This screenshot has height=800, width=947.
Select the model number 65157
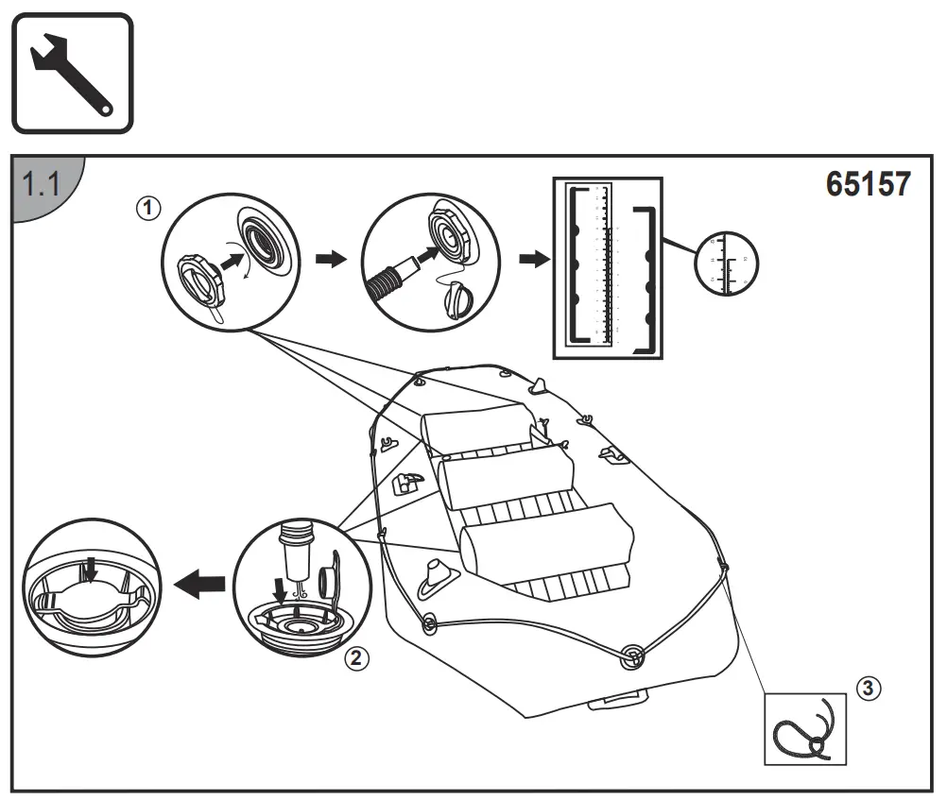tap(868, 183)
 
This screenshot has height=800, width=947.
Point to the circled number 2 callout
tap(355, 658)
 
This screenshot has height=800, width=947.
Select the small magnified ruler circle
tap(727, 261)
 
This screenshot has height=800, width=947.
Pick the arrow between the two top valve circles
tap(330, 260)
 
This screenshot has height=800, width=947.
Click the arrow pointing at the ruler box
tap(534, 260)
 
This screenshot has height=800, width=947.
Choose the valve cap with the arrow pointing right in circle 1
tap(200, 281)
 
